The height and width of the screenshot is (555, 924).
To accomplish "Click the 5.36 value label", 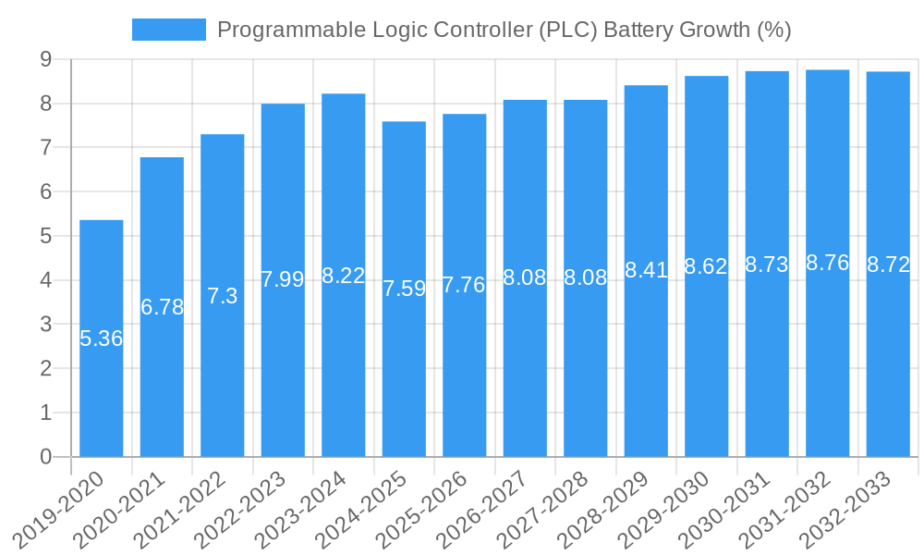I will pyautogui.click(x=102, y=339).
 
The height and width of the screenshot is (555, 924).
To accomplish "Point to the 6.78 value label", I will pyautogui.click(x=163, y=307).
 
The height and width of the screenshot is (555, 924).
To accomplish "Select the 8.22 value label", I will pyautogui.click(x=344, y=276).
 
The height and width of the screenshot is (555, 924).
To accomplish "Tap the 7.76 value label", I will pyautogui.click(x=464, y=285).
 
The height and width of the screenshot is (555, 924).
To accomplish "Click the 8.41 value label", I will pyautogui.click(x=646, y=270).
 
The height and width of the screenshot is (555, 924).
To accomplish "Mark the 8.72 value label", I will pyautogui.click(x=888, y=265).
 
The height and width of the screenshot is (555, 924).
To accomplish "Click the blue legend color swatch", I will pyautogui.click(x=169, y=30).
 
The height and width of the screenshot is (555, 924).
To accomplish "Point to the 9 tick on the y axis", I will pyautogui.click(x=45, y=60).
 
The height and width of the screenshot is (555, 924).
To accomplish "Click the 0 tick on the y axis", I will pyautogui.click(x=45, y=457).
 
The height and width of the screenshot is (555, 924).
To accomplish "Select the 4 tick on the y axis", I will pyautogui.click(x=45, y=280).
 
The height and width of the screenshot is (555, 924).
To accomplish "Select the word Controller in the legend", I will pyautogui.click(x=474, y=30).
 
